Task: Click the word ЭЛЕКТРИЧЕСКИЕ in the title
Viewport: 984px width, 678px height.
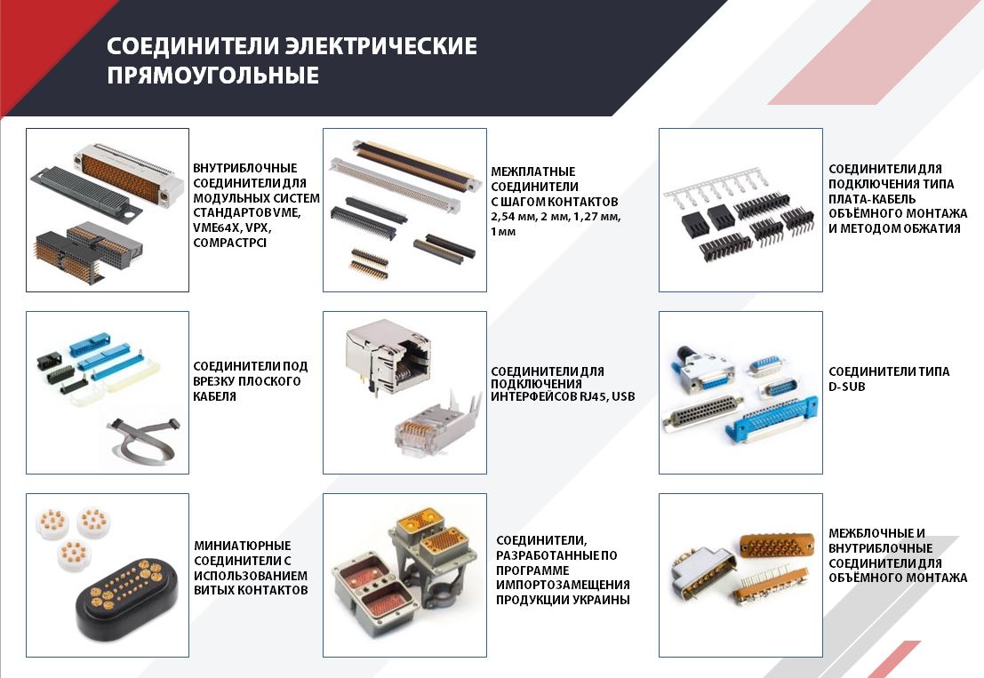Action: click(381, 46)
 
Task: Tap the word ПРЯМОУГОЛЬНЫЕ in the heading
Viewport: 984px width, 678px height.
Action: click(212, 76)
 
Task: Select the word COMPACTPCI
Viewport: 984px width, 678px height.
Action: click(229, 243)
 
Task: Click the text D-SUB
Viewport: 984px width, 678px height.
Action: click(846, 387)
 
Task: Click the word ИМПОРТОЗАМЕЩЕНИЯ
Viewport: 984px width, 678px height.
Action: click(563, 585)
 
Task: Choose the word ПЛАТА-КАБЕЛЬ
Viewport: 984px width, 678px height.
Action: click(872, 199)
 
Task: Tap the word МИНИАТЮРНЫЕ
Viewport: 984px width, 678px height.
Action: click(243, 546)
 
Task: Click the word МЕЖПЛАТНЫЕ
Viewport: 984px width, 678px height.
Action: click(532, 171)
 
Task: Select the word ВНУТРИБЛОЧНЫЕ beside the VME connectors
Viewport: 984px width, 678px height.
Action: click(244, 168)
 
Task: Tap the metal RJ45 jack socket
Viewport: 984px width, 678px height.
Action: click(388, 355)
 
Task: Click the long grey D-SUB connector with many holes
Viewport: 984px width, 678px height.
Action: click(702, 415)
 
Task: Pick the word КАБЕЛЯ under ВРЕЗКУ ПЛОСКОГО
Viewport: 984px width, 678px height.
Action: click(214, 396)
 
